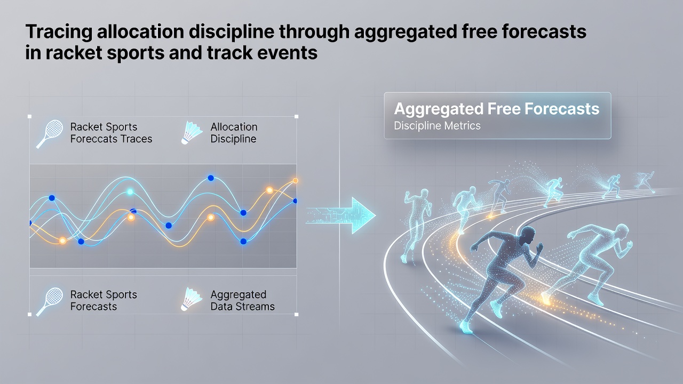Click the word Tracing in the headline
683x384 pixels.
(59, 31)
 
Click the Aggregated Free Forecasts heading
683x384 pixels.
(497, 109)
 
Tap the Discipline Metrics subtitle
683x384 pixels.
(437, 125)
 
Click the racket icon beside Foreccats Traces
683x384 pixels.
(50, 134)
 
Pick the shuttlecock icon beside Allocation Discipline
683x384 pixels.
(191, 133)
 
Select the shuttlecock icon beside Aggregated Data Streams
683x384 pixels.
(191, 299)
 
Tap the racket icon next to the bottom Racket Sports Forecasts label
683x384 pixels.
(50, 301)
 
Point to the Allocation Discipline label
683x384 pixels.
(234, 133)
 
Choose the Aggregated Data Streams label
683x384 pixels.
(242, 300)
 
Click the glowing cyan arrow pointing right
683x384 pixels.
(341, 215)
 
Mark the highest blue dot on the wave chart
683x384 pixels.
(211, 178)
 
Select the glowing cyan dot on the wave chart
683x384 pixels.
(130, 191)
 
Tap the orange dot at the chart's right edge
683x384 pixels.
(295, 181)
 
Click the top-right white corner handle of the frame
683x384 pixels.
(296, 116)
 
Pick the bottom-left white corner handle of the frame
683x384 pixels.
(29, 314)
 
